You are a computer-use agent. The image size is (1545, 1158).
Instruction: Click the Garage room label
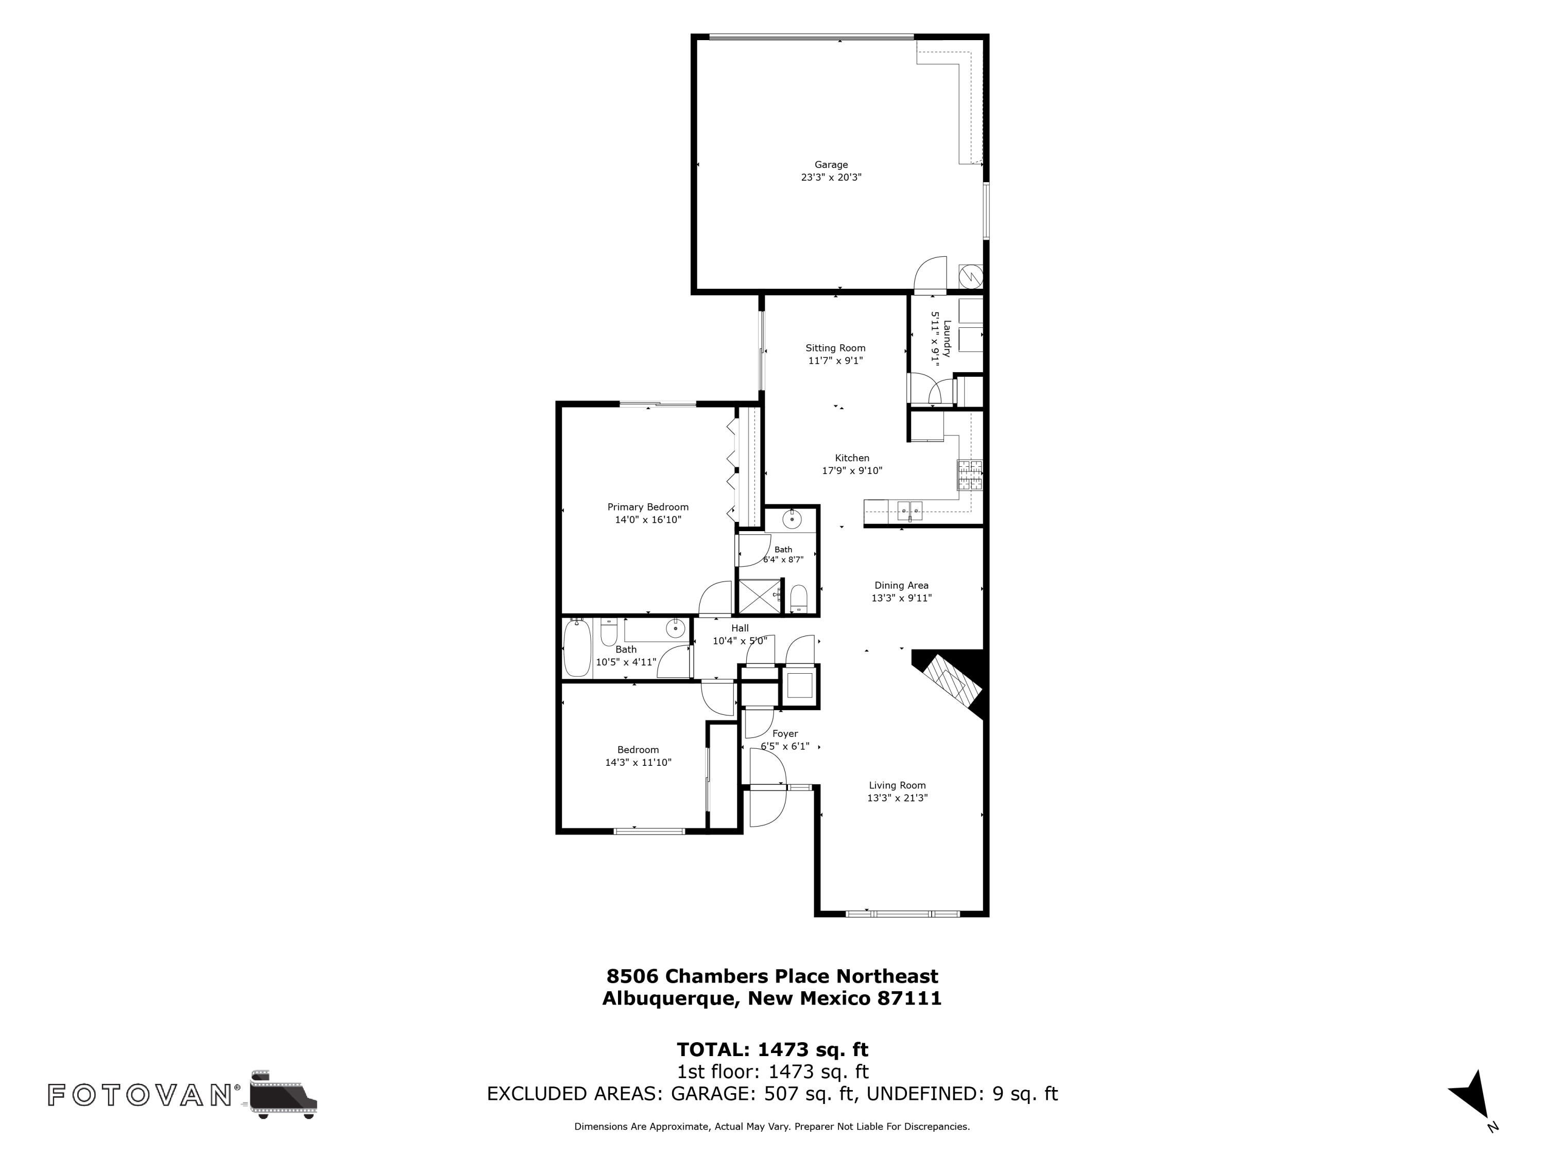click(x=831, y=165)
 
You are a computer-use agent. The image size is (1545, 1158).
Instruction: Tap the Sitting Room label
click(x=835, y=347)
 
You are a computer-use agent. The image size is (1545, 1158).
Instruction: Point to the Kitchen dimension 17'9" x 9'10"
click(x=852, y=470)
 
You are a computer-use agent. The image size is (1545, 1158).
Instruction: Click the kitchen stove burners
click(x=969, y=476)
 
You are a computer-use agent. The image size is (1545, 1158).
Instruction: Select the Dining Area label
click(x=902, y=585)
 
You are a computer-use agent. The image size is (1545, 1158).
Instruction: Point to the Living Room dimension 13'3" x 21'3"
click(x=898, y=798)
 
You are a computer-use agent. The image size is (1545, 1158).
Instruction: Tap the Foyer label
click(x=785, y=733)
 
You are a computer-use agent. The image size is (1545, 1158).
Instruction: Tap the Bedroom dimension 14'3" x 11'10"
click(x=639, y=762)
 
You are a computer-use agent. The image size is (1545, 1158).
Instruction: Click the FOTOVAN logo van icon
click(x=283, y=1094)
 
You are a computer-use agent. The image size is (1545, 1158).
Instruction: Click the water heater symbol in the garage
click(x=971, y=276)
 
